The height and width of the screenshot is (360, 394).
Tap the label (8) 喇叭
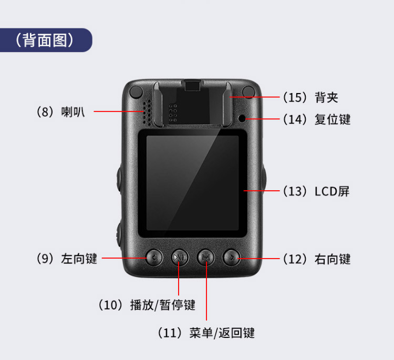[60, 112]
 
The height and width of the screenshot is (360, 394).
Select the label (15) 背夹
[310, 97]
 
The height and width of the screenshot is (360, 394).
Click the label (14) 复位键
[317, 119]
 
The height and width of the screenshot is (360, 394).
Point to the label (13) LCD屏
[316, 191]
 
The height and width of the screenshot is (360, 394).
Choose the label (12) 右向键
[317, 259]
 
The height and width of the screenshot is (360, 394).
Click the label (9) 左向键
[67, 259]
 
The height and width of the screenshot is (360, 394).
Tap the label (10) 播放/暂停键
[147, 305]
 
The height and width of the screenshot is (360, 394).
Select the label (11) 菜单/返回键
[206, 333]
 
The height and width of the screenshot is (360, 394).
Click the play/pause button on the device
[180, 258]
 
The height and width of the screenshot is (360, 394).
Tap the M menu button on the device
[206, 258]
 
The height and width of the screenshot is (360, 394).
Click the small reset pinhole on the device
[242, 118]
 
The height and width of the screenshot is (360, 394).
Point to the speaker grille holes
[148, 112]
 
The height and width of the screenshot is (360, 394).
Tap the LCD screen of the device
[192, 183]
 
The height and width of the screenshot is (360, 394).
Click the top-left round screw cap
[136, 91]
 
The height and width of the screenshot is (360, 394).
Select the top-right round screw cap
[248, 91]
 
